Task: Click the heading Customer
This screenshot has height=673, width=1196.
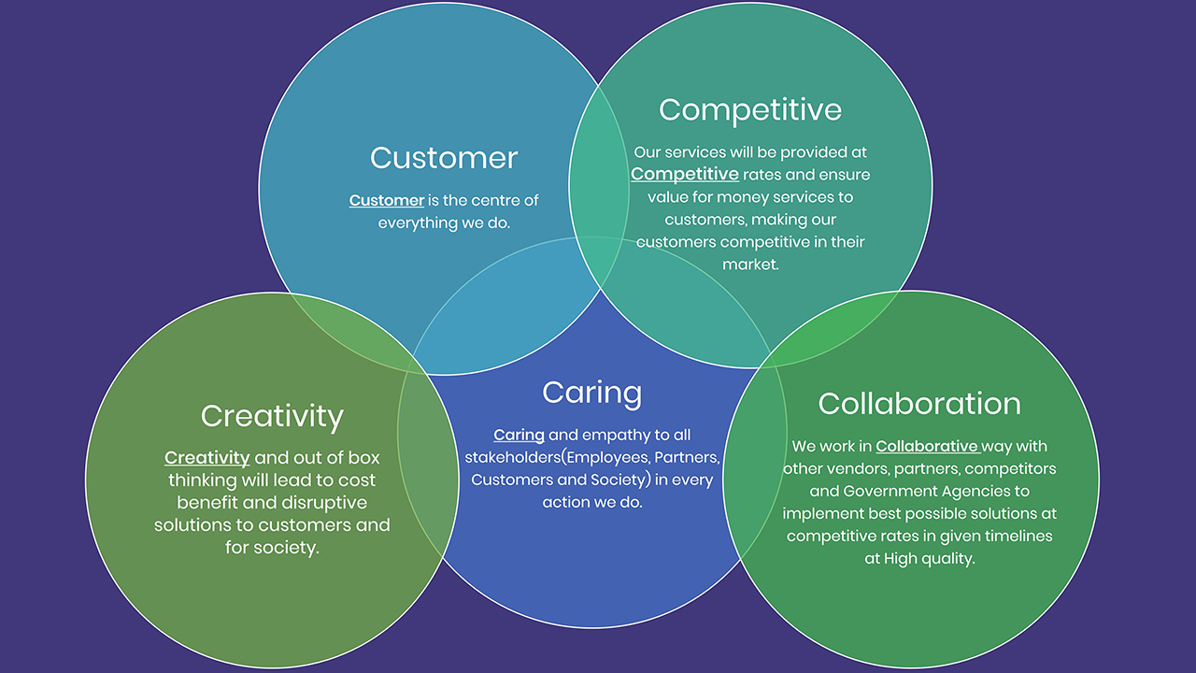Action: pyautogui.click(x=443, y=157)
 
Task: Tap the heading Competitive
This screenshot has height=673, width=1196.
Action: pyautogui.click(x=750, y=109)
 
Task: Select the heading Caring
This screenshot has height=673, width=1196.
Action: pyautogui.click(x=592, y=393)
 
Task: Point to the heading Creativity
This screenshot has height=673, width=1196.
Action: pyautogui.click(x=272, y=416)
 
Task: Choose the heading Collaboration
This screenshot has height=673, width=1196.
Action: pyautogui.click(x=919, y=403)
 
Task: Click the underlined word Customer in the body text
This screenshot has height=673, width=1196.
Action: pyautogui.click(x=387, y=200)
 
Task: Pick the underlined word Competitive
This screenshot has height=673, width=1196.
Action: pyautogui.click(x=685, y=174)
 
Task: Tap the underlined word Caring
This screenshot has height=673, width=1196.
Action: pyautogui.click(x=519, y=435)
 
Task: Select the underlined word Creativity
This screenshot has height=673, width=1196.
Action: pyautogui.click(x=206, y=457)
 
